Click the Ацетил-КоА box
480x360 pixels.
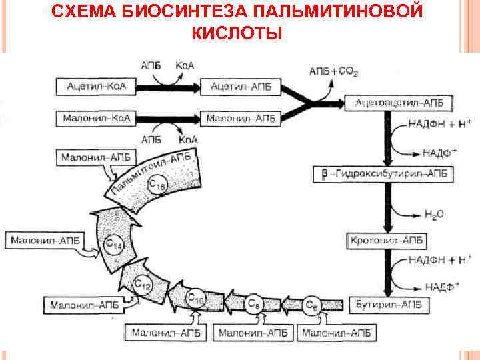pos(95,86)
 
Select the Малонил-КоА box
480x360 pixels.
pos(95,119)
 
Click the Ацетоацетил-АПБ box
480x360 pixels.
pos(395,103)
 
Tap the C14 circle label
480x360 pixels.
pos(115,246)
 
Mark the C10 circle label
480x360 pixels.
pos(195,299)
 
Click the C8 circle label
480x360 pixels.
pos(253,304)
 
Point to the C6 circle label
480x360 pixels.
pos(311,305)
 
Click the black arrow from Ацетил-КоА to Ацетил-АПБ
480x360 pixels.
pos(170,86)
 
